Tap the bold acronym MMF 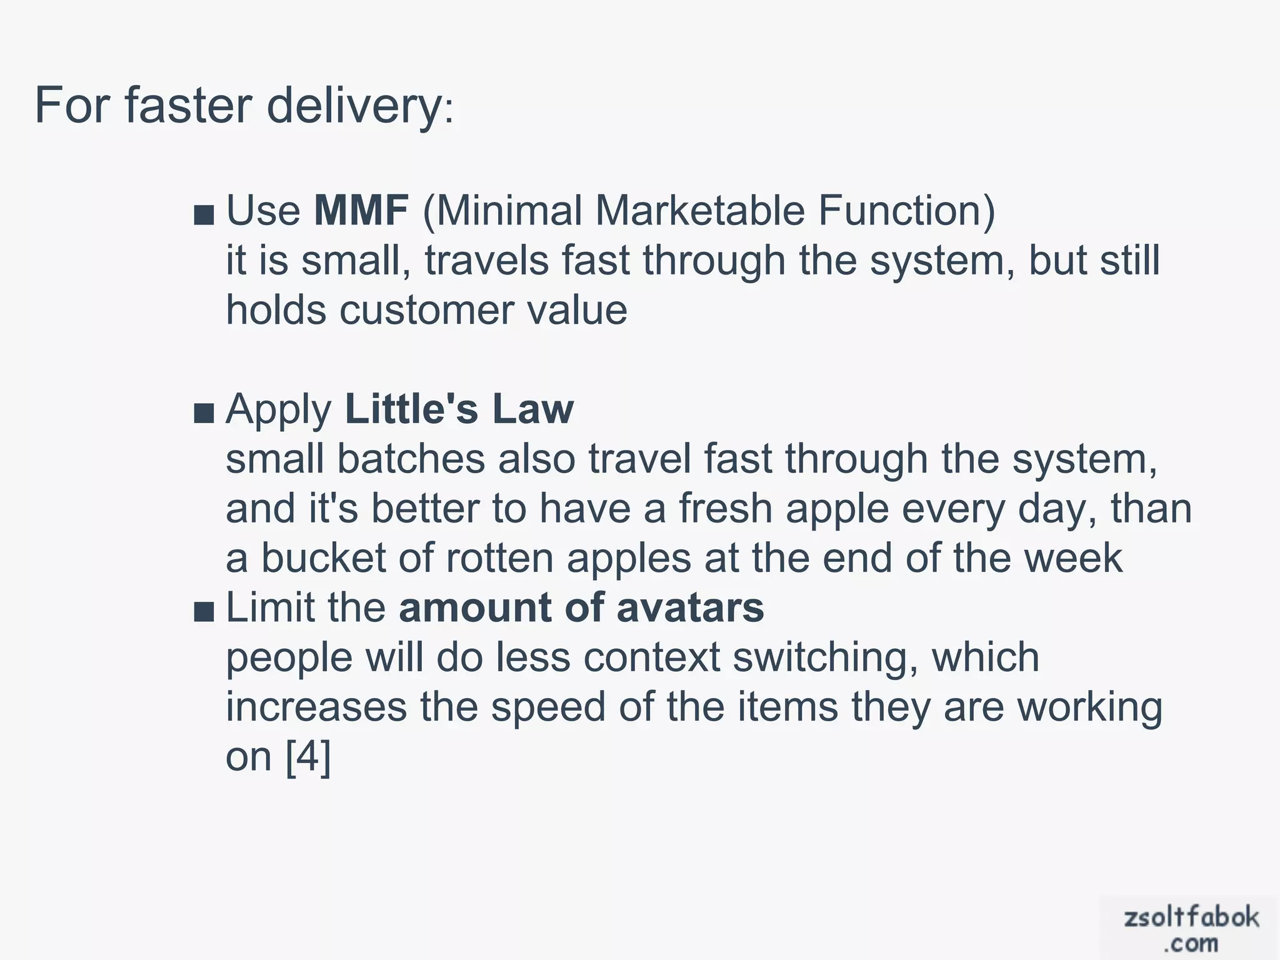click(361, 210)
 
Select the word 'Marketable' click(699, 210)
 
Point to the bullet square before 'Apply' click(204, 414)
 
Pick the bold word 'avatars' click(690, 607)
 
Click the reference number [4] click(307, 757)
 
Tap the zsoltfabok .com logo click(1190, 928)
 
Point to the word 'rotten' click(499, 557)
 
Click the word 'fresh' click(726, 508)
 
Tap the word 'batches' click(411, 459)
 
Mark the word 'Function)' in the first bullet click(907, 210)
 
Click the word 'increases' click(316, 707)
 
